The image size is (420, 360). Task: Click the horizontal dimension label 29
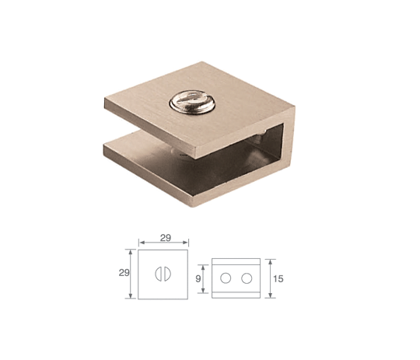coord(166,238)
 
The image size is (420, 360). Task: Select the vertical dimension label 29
coord(124,273)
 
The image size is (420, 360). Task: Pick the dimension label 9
coord(198,279)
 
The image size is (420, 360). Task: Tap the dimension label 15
coord(278,279)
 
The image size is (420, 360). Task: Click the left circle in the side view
coord(226,278)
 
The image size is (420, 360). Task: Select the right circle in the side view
coord(247,278)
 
